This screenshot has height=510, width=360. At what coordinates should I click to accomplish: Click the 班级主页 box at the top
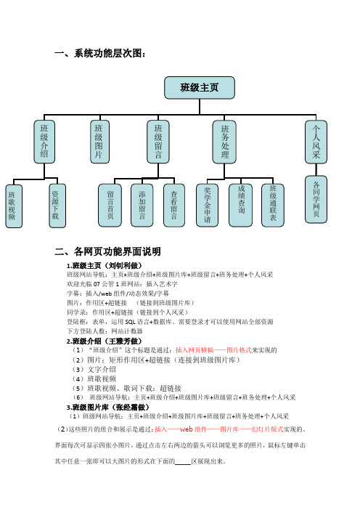200,88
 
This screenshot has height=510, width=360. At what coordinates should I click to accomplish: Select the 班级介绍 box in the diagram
44,142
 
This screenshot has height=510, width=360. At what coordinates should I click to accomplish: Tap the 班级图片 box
99,142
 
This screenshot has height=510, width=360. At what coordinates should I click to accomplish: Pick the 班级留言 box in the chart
158,142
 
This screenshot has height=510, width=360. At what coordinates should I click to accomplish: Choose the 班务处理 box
224,142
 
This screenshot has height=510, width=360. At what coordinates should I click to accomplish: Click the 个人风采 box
316,142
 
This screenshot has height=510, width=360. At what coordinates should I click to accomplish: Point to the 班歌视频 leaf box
14,206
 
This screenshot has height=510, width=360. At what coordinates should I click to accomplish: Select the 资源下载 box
57,206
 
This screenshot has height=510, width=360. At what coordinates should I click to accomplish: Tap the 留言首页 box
110,206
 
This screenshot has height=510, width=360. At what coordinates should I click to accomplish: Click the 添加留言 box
142,206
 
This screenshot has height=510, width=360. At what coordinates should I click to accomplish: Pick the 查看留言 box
174,206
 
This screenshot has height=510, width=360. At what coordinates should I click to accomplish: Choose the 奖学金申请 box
208,206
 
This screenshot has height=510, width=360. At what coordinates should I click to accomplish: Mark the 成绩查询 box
240,206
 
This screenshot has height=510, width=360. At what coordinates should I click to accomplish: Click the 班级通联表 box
273,206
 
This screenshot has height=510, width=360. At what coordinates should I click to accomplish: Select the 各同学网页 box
316,199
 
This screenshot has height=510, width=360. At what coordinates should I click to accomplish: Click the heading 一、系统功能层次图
99,53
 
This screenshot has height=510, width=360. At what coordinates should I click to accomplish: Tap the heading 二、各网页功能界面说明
107,251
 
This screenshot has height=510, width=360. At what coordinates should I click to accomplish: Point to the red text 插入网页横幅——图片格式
213,350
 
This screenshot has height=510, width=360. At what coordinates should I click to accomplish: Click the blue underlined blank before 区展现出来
183,464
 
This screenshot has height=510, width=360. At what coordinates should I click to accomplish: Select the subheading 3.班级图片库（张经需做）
108,408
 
